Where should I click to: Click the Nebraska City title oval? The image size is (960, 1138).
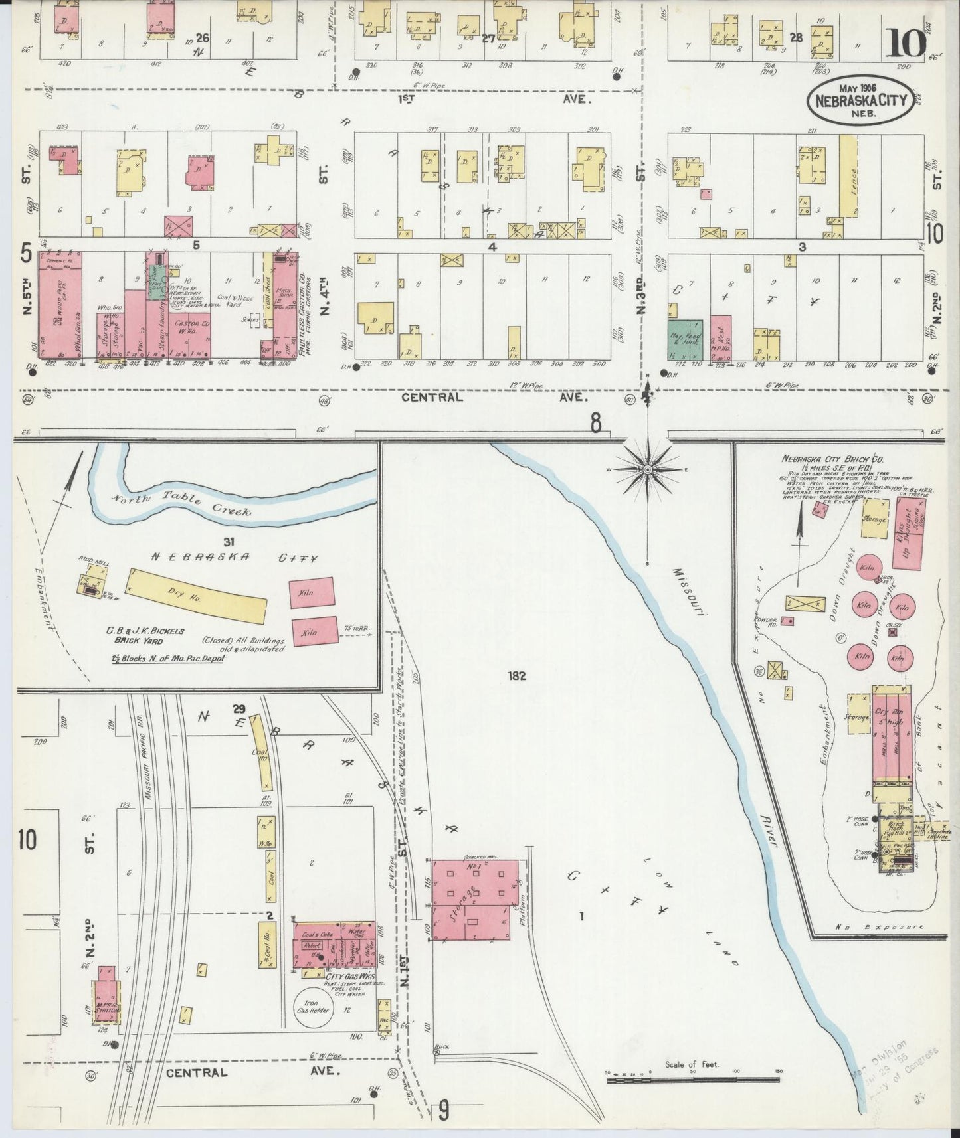(860, 102)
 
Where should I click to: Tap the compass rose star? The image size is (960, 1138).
(647, 469)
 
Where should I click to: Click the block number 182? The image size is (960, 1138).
(516, 676)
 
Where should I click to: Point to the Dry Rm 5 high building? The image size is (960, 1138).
(890, 737)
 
